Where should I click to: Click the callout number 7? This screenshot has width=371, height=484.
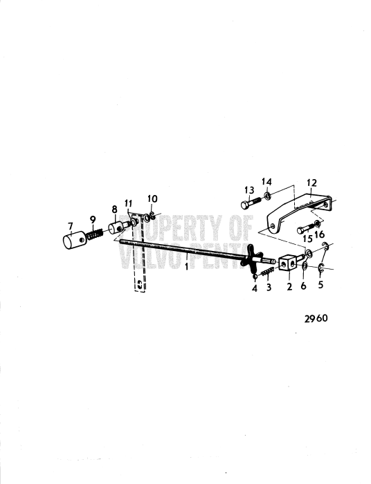(71, 226)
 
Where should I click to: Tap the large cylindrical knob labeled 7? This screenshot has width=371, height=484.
(74, 240)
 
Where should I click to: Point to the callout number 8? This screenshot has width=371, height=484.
(115, 210)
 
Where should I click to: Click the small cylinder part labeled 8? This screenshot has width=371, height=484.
(117, 227)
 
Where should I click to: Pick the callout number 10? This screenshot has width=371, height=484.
(152, 198)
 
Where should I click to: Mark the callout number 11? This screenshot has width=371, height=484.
(129, 204)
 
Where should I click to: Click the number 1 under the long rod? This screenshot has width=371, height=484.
(187, 266)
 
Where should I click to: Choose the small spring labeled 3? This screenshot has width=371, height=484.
(266, 272)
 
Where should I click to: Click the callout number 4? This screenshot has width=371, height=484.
(255, 288)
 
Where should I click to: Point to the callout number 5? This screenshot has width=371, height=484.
(320, 284)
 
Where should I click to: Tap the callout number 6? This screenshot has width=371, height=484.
(303, 286)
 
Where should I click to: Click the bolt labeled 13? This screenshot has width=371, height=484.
(251, 203)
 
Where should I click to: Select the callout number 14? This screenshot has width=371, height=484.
(266, 181)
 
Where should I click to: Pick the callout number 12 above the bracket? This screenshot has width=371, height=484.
(312, 183)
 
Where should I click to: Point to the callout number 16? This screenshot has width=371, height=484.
(320, 234)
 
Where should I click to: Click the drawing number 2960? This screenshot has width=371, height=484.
(316, 318)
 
